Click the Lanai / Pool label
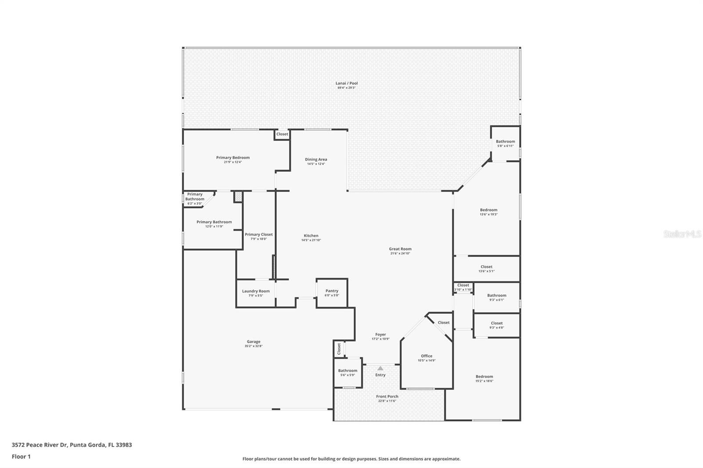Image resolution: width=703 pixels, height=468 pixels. click(x=347, y=83)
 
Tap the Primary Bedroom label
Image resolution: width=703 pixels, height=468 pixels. click(x=232, y=158)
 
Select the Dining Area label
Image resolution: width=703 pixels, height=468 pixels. click(x=316, y=160)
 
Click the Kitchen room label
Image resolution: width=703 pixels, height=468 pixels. click(x=311, y=236)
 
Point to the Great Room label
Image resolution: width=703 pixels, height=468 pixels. click(x=400, y=249)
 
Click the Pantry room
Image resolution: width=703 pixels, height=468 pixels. click(x=332, y=293)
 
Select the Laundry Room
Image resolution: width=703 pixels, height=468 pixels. click(x=256, y=293)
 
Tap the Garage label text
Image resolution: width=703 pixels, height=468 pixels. click(x=254, y=342)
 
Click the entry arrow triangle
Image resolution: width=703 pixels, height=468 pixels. click(x=380, y=368)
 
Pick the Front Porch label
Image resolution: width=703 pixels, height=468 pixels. click(x=387, y=396)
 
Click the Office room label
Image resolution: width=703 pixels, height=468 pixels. click(x=426, y=356)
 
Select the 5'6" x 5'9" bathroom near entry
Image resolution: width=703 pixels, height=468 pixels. click(x=348, y=373)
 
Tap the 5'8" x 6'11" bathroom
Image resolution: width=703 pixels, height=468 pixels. click(x=505, y=143)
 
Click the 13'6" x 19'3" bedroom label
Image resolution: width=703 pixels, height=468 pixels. click(x=488, y=210)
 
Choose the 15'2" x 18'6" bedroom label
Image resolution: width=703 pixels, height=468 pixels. click(x=484, y=377)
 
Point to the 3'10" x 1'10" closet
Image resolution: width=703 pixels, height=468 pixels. click(x=463, y=287)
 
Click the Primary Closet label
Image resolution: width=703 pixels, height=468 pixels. click(x=258, y=234)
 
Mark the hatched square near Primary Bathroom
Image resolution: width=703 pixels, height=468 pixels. click(x=238, y=197)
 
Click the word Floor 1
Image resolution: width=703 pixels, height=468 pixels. click(x=21, y=457)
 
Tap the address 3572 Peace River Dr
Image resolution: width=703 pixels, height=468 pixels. click(x=40, y=445)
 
